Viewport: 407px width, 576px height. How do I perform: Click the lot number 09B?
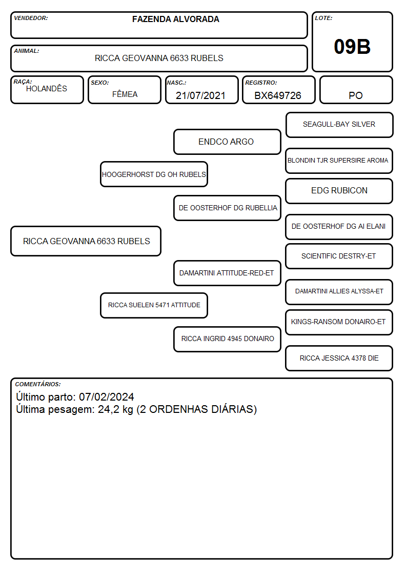[x=352, y=47]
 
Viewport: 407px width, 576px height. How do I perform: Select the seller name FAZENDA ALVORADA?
[x=176, y=19]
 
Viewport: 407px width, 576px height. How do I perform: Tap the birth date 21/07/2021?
[x=200, y=95]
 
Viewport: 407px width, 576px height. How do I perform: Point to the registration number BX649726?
[x=278, y=95]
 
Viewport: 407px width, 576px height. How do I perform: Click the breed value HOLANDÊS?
[x=47, y=89]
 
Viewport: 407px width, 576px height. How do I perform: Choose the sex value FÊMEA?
[x=125, y=94]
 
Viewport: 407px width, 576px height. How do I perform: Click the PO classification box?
[x=356, y=90]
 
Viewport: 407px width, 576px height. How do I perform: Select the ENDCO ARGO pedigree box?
[x=227, y=142]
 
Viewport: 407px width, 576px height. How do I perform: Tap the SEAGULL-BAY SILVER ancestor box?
[x=339, y=125]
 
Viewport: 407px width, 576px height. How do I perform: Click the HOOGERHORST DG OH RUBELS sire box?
[x=154, y=174]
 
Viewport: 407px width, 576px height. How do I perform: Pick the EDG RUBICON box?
[x=339, y=191]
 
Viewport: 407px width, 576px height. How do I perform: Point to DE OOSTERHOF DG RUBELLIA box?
[x=227, y=208]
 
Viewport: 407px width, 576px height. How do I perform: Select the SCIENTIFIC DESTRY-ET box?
[x=339, y=256]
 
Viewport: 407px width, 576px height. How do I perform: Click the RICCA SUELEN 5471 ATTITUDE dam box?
[x=154, y=305]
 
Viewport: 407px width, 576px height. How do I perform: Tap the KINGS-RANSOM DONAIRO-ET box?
[x=339, y=322]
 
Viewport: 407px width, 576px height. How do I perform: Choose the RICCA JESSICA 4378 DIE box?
[x=339, y=358]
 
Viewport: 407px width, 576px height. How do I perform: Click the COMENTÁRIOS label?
[x=38, y=384]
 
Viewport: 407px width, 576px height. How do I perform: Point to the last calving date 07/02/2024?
[x=107, y=396]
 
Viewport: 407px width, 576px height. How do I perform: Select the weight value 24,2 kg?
[x=116, y=410]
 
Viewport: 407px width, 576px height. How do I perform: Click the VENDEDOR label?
[x=31, y=18]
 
